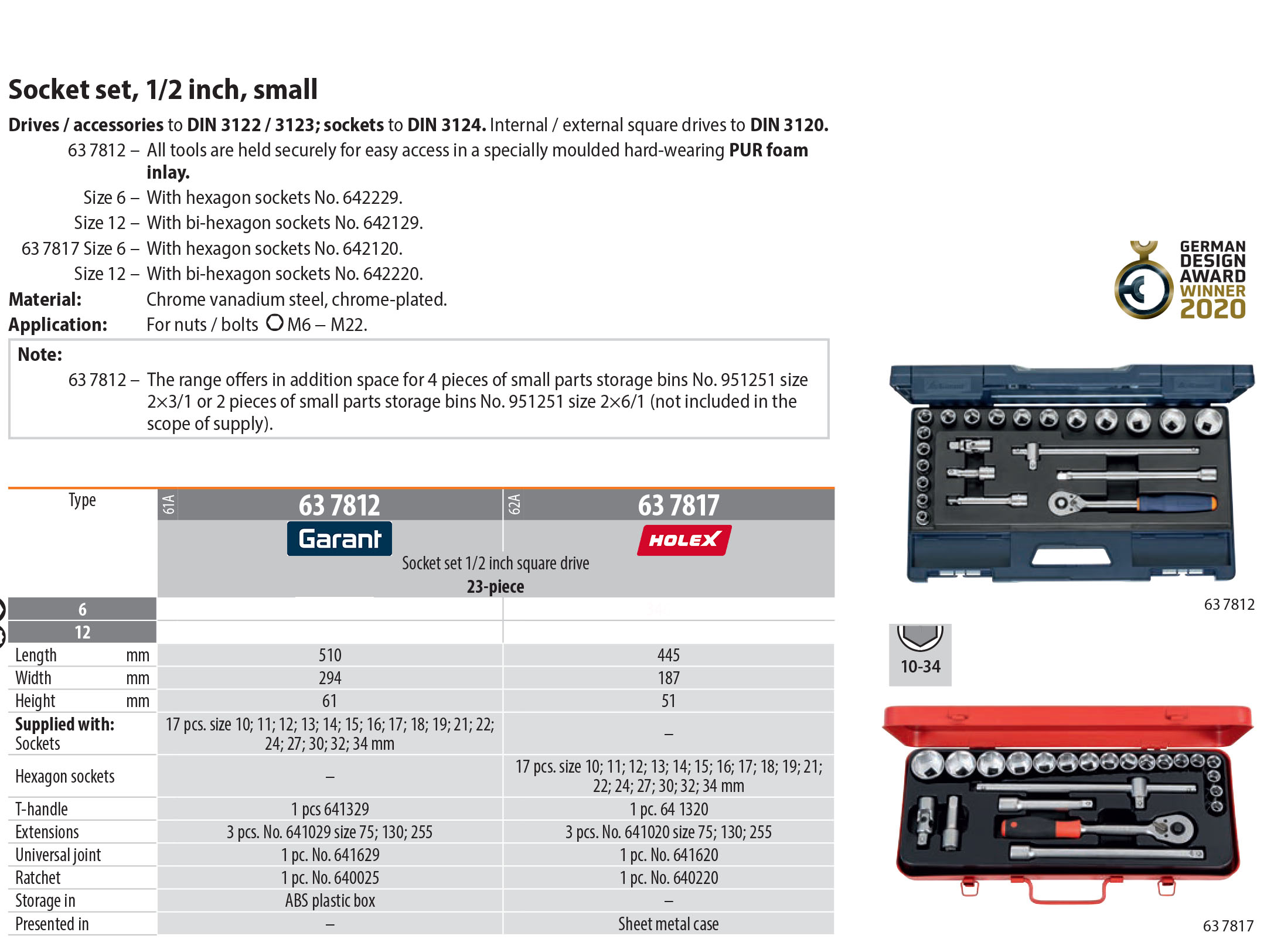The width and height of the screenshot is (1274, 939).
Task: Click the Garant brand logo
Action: tap(339, 538)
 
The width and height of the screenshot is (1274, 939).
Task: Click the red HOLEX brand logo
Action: tap(684, 540)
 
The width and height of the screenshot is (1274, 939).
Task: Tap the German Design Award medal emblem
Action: tap(1143, 288)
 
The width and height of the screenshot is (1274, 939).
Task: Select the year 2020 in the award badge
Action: tap(1212, 309)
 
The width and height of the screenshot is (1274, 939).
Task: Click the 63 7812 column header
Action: tap(339, 505)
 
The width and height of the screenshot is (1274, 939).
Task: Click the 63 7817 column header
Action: tap(678, 505)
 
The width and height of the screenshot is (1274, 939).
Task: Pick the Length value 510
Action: tap(330, 655)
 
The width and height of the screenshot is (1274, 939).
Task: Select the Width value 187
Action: tap(669, 678)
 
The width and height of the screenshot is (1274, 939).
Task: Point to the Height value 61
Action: tap(330, 701)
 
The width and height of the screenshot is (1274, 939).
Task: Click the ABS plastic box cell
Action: tap(330, 900)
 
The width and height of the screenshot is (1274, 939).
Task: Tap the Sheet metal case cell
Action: tap(669, 924)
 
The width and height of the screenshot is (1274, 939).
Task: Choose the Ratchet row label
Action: tap(38, 877)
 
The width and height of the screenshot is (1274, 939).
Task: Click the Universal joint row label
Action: tap(58, 855)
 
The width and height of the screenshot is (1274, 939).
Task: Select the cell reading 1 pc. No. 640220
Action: tap(669, 877)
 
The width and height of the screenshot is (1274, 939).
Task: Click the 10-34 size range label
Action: tap(920, 666)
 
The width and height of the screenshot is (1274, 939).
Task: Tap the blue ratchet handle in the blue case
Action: tap(1175, 503)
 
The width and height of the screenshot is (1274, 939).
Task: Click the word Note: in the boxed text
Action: tap(40, 354)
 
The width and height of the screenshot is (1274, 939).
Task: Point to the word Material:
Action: tap(45, 299)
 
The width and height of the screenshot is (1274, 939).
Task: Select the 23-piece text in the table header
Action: tap(495, 586)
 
